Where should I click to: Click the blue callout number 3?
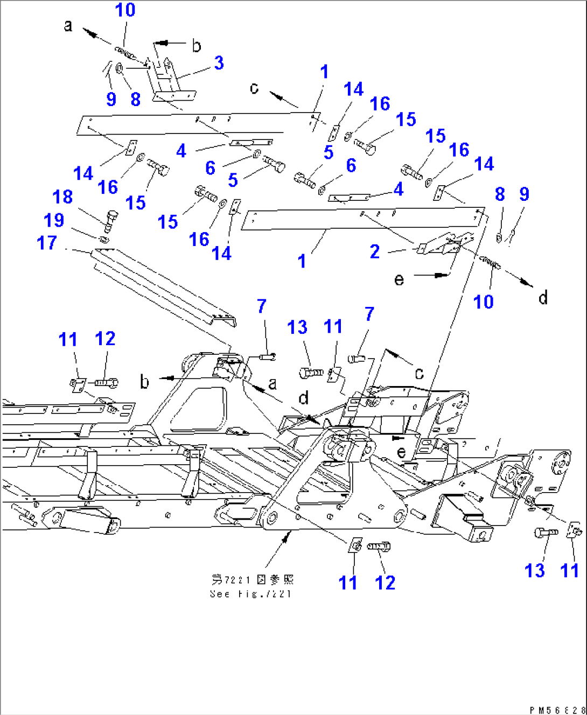point(219,63)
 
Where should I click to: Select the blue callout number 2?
point(375,251)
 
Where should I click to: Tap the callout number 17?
point(47,243)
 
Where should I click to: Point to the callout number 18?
point(62,197)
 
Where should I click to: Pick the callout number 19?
point(54,220)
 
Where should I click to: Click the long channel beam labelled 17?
point(162,288)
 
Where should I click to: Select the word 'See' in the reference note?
point(220,594)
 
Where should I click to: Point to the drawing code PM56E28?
point(557,710)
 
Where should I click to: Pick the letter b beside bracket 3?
point(197,46)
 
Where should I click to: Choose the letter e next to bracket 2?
point(399,279)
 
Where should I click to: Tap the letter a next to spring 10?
point(68,25)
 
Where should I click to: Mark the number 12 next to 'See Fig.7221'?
point(385,583)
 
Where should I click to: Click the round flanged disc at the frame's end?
point(560,463)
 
